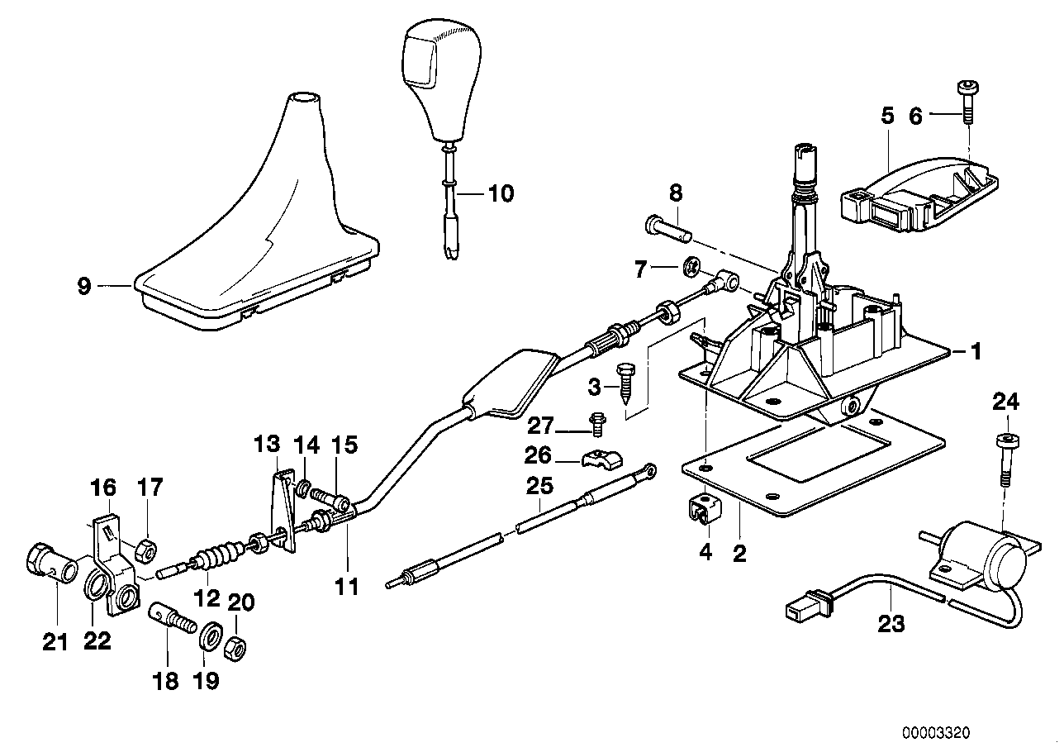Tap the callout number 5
(x=887, y=116)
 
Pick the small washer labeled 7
(x=691, y=268)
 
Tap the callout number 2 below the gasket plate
(x=739, y=554)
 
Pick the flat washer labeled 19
(x=211, y=637)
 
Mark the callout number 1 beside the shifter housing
(x=975, y=353)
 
